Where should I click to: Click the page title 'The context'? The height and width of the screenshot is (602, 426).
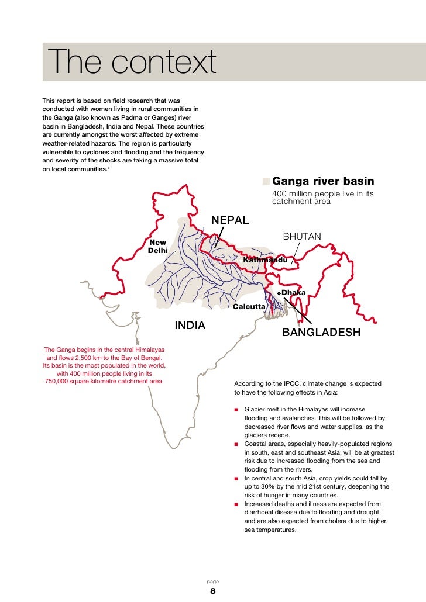tap(132, 63)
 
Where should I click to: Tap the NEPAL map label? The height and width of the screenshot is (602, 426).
tap(230, 220)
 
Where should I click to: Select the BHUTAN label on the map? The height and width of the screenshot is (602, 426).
tap(302, 237)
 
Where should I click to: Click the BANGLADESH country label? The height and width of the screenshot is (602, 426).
tap(321, 333)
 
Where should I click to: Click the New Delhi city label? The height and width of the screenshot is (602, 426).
tap(158, 246)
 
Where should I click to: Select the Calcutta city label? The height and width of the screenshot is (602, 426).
tap(249, 306)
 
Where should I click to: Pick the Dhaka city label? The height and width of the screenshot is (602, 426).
tap(294, 292)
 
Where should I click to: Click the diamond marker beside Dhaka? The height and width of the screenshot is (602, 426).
tap(279, 292)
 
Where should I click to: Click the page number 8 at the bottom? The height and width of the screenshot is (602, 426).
tap(213, 591)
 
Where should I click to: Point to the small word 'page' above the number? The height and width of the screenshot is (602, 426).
tap(213, 582)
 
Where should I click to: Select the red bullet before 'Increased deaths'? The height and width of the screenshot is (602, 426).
tap(236, 504)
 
